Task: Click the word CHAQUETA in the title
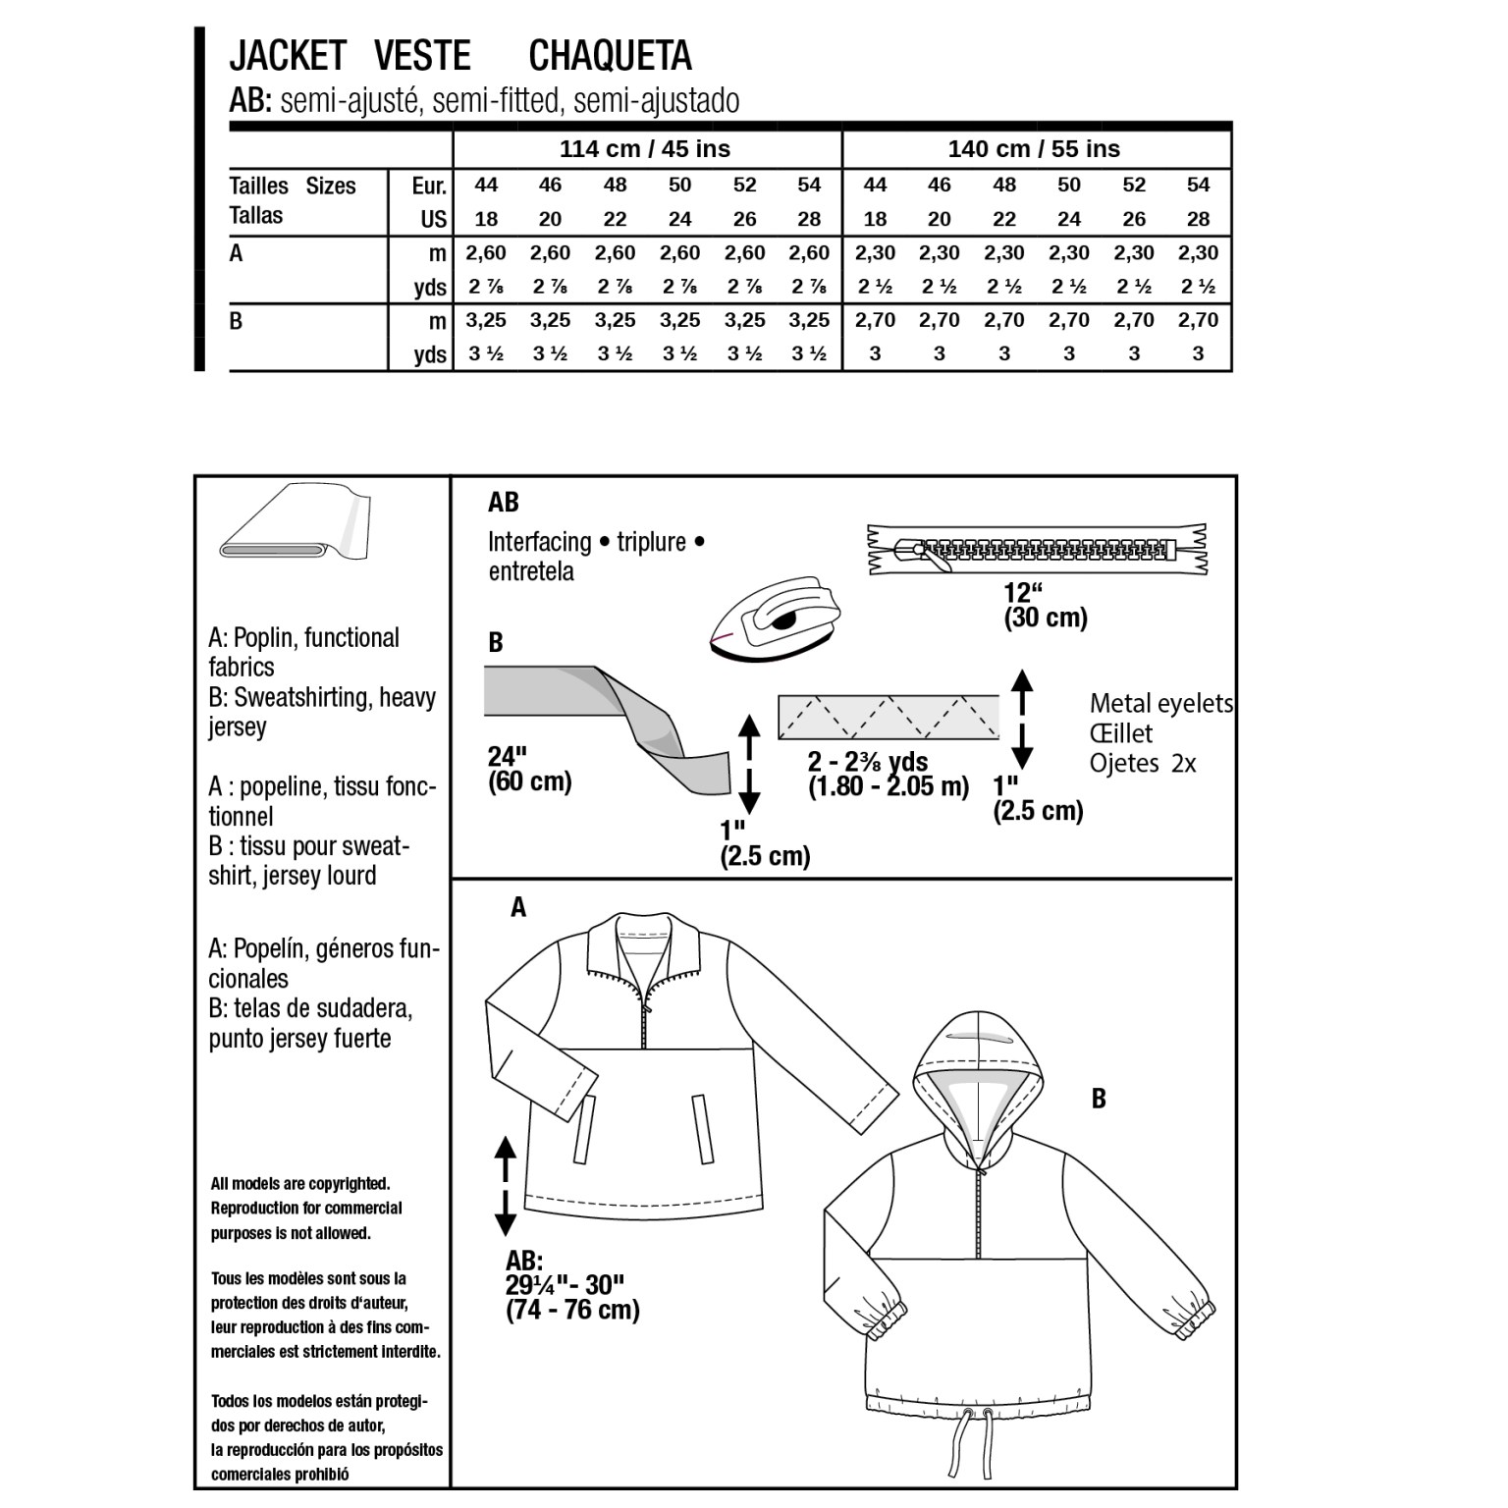tap(610, 56)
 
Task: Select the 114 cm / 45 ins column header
tap(645, 149)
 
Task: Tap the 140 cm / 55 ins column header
tap(1034, 149)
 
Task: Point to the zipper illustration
tap(1037, 549)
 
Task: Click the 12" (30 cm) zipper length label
tap(1045, 605)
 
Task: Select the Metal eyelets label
tap(1160, 703)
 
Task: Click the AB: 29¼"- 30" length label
tap(572, 1285)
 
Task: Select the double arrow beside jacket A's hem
tap(505, 1185)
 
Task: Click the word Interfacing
tap(539, 542)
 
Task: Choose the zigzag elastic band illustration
tap(888, 717)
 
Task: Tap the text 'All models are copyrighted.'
tap(300, 1184)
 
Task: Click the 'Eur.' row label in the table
tap(429, 186)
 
